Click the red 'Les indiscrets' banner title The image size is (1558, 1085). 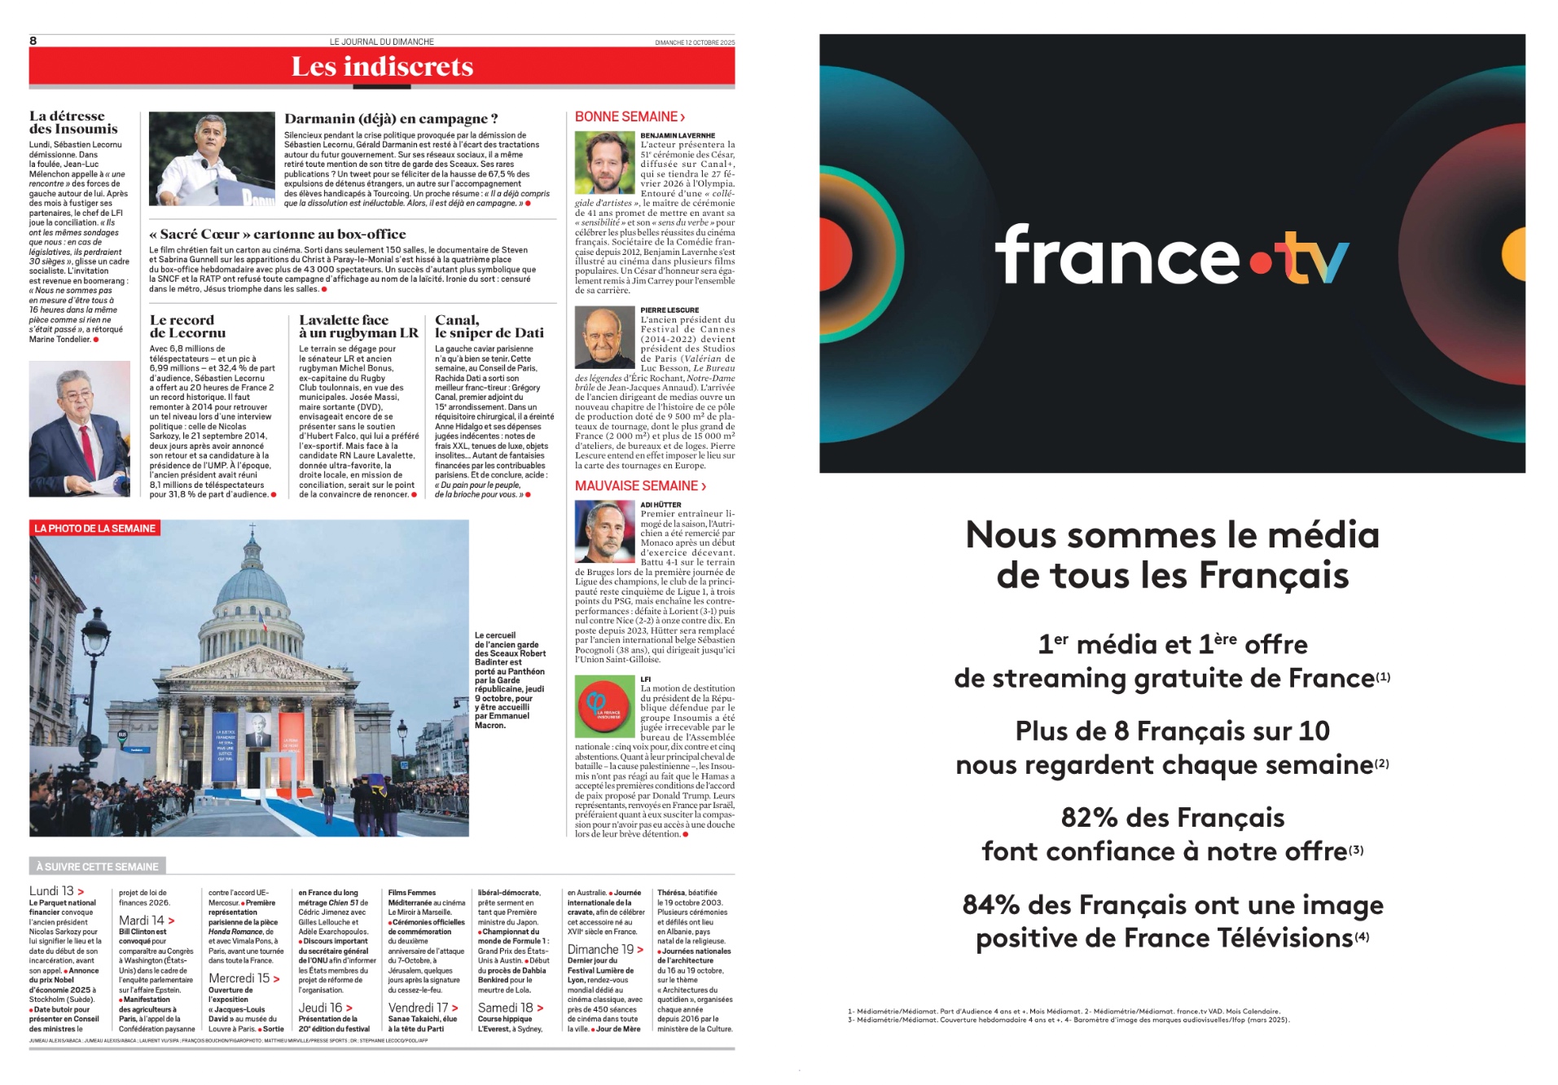tap(382, 67)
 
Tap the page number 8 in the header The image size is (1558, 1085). tap(33, 41)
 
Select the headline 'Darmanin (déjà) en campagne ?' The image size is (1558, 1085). tap(391, 119)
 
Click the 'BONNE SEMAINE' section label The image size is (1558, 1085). tap(630, 117)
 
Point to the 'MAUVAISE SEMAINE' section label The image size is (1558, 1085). tap(640, 486)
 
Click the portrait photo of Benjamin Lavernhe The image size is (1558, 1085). tap(604, 163)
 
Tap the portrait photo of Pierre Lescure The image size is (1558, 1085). tap(604, 338)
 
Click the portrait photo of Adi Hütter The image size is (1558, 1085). tap(604, 531)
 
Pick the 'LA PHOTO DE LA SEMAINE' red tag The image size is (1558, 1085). tap(95, 529)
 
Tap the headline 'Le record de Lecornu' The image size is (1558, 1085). tap(187, 327)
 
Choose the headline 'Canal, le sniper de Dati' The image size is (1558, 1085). tap(489, 327)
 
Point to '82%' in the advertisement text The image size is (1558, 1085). tap(1091, 817)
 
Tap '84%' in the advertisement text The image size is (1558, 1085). tap(993, 905)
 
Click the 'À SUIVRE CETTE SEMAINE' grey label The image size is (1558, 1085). tap(98, 867)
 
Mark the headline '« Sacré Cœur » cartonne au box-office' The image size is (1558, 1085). tap(278, 235)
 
